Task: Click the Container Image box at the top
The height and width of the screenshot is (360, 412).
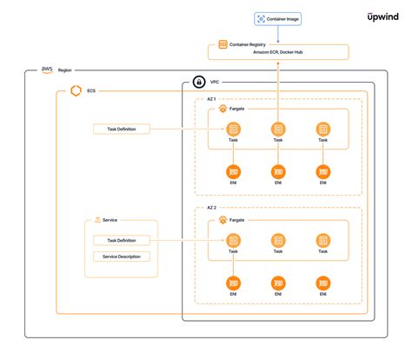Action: [277, 18]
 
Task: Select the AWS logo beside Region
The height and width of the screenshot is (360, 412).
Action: [46, 70]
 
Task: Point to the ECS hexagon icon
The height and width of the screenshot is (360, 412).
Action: [76, 90]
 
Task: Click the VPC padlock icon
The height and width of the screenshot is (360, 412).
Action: [200, 83]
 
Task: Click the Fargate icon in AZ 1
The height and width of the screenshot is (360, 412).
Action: [223, 110]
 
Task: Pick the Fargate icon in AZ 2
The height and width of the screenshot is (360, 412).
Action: [223, 221]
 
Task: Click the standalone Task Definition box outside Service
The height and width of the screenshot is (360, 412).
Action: [121, 130]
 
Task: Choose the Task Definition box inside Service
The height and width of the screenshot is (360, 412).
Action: [121, 240]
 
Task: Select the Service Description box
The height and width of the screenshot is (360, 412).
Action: [121, 257]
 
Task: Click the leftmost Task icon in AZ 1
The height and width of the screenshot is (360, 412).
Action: [233, 129]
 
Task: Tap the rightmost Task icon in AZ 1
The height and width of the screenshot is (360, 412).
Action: [322, 129]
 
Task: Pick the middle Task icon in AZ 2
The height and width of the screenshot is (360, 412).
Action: [278, 240]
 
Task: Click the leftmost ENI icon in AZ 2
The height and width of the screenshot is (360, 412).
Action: [233, 283]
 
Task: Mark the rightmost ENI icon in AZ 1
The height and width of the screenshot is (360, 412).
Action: [322, 171]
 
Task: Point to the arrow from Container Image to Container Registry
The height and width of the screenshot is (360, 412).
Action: [277, 33]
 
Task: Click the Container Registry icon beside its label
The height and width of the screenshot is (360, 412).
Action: [223, 44]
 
